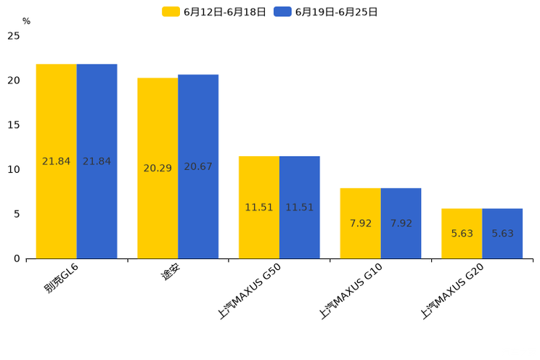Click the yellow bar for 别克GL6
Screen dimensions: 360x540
point(57,161)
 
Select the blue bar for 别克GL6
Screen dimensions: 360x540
point(97,161)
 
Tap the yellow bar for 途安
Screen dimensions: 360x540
point(157,168)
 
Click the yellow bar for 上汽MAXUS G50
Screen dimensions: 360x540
point(259,207)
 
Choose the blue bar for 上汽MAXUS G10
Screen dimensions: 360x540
point(401,223)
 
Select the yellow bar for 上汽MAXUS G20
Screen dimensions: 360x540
point(462,233)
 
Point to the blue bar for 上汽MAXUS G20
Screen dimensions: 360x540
point(502,233)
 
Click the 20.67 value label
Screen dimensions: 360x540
point(198,167)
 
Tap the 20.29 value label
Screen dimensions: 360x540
point(157,168)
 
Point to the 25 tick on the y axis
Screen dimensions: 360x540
point(14,36)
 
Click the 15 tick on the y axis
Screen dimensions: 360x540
point(14,125)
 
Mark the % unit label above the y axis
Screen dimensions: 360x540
point(26,22)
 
